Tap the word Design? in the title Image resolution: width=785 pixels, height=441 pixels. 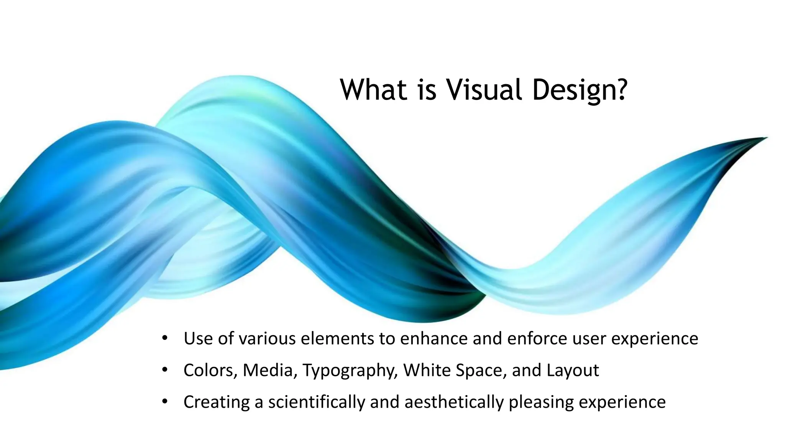click(580, 90)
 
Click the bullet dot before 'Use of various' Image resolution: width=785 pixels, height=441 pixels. click(165, 338)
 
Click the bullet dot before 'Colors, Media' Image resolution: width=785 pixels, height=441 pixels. click(165, 370)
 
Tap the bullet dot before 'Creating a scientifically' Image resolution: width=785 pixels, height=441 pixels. click(165, 402)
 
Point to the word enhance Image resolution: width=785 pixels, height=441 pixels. click(434, 338)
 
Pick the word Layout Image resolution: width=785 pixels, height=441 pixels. click(573, 371)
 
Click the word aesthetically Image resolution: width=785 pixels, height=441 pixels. click(453, 402)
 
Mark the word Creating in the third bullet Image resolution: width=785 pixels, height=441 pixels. click(217, 402)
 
